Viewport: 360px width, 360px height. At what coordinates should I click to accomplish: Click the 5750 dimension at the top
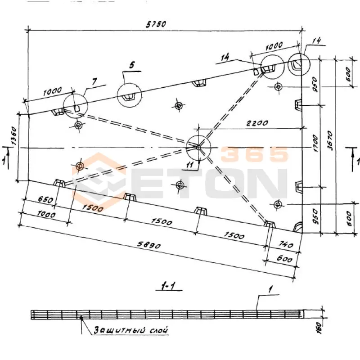pos(156,24)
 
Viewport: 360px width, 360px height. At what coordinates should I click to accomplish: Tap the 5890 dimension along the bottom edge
pos(149,245)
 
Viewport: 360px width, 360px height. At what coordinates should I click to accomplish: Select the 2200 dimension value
pos(257,123)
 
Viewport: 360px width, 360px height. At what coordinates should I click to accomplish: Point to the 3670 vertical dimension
pos(330,140)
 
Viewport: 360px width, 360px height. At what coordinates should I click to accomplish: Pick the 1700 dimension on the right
pos(315,144)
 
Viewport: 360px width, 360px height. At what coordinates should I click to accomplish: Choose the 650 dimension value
pos(45,199)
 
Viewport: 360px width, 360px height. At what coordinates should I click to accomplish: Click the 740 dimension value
pos(286,244)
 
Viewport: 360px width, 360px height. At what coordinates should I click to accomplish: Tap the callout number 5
pos(132,65)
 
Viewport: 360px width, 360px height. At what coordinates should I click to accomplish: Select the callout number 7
pos(94,81)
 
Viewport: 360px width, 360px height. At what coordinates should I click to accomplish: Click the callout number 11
pos(190,164)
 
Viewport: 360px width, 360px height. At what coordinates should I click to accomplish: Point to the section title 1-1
pos(168,286)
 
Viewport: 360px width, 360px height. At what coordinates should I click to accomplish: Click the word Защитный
pos(119,330)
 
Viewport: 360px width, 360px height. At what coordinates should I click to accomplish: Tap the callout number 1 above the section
pos(271,289)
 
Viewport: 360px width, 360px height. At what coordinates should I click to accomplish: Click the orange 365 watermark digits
pos(254,154)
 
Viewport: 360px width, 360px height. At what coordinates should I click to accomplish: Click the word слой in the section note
pos(159,330)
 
